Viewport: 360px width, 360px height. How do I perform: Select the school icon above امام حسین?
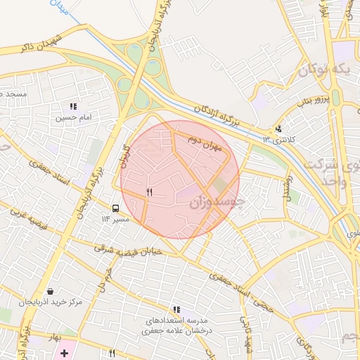tap(73, 106)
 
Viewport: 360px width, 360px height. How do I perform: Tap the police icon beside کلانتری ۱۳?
tap(279, 129)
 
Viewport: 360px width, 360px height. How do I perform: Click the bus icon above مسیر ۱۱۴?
tap(115, 208)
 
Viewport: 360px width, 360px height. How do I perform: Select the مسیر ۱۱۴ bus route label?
tap(115, 219)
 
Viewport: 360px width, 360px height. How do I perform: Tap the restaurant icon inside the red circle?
tap(149, 192)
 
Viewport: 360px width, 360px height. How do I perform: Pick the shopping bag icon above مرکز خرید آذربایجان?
tap(50, 291)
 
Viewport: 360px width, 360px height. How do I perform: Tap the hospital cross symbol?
tap(65, 352)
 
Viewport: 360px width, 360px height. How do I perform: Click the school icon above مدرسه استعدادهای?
tap(176, 309)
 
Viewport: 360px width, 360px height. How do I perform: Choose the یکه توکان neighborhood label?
tap(324, 69)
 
